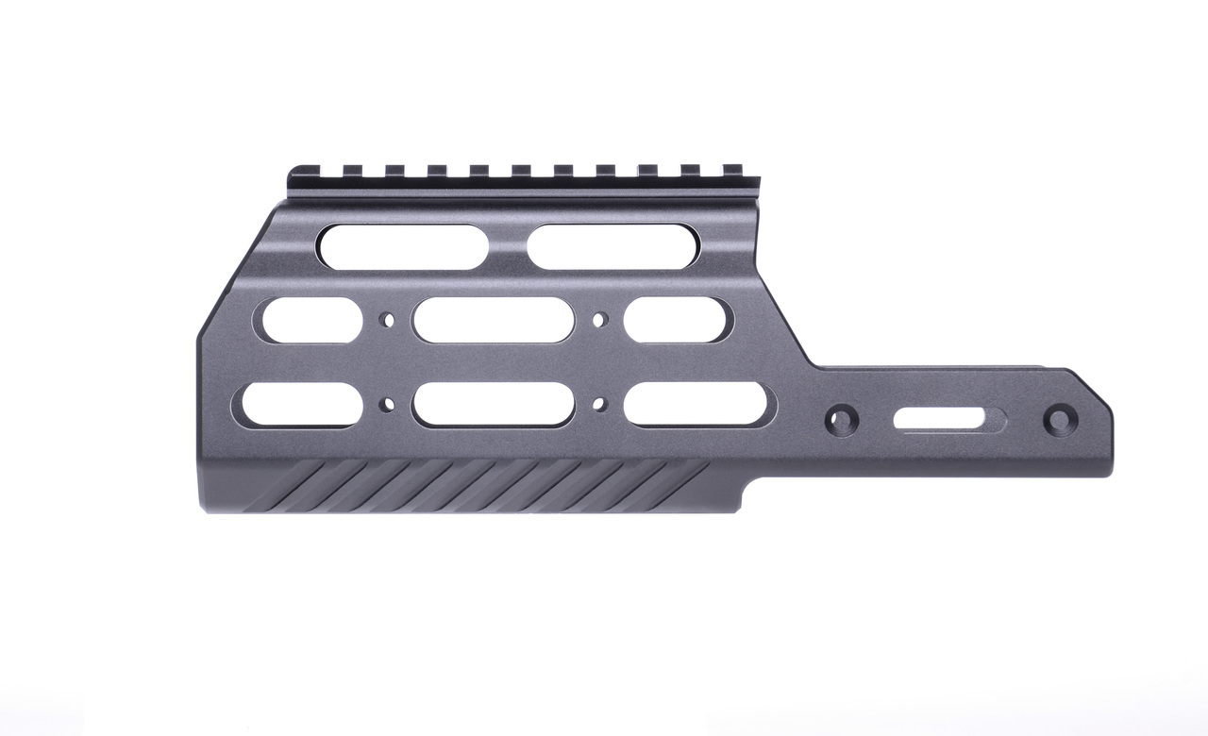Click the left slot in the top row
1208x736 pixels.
(404, 245)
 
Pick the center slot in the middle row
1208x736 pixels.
(494, 320)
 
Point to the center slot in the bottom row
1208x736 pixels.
(494, 404)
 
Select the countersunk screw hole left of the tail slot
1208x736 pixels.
(840, 416)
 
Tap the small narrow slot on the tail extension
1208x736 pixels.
(948, 417)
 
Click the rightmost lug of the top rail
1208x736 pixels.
(732, 171)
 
